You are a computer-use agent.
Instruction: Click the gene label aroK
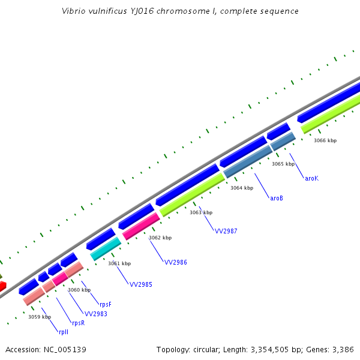pos(311,178)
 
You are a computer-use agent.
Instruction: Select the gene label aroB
pos(276,198)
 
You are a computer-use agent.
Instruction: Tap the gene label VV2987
pos(226,231)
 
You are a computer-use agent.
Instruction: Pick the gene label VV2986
pos(175,262)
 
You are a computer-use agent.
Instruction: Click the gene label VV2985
pos(141,284)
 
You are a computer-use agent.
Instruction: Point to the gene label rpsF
pos(106,304)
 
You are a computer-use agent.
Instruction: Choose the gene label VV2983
pos(95,314)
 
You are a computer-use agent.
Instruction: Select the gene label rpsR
pos(78,323)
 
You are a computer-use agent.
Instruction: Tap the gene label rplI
pos(64,332)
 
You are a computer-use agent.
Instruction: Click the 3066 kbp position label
pos(325,140)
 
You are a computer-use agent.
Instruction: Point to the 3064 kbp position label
pos(242,188)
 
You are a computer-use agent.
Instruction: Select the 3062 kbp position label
pos(160,238)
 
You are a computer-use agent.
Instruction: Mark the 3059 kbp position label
pos(40,317)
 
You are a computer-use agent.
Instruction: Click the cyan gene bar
pos(106,248)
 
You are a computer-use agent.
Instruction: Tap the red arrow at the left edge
pos(2,286)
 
